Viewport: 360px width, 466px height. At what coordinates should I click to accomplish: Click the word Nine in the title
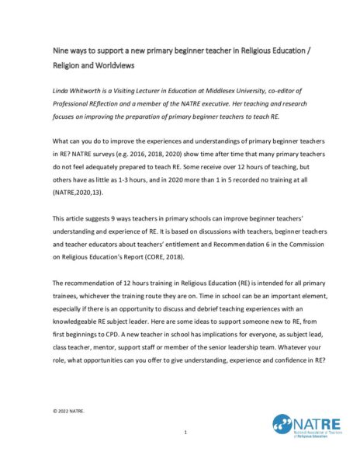59,47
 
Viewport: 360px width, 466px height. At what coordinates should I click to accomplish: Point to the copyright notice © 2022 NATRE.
69,409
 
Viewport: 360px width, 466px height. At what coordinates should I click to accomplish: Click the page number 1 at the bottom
185,432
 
